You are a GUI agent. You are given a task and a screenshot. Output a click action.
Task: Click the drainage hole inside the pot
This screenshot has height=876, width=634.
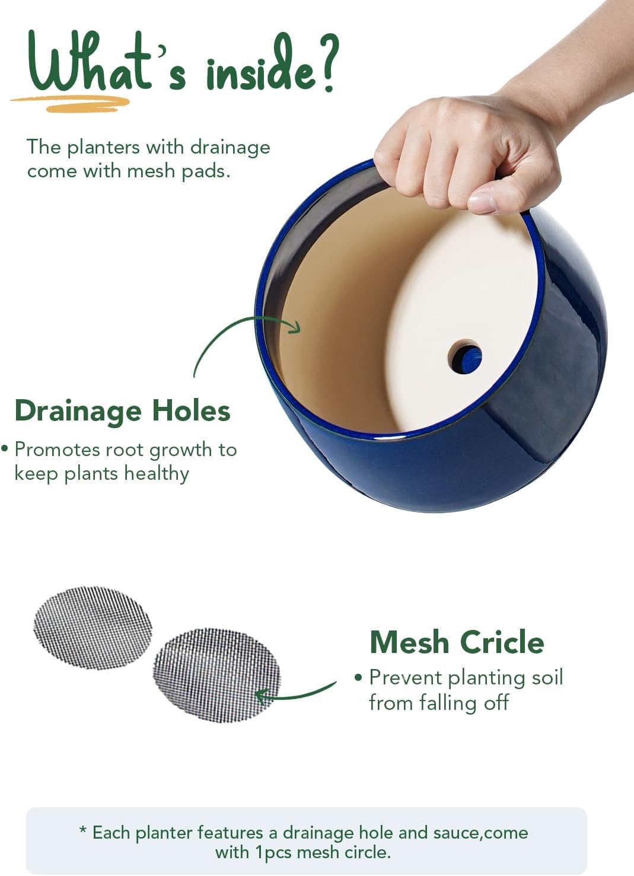point(465,357)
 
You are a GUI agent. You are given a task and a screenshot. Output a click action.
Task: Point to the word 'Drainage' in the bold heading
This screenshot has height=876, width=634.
point(78,411)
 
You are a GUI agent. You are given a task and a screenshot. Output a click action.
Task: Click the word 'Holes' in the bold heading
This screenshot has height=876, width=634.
point(191,411)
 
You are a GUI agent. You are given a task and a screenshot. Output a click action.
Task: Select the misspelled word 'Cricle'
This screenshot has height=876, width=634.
point(502,642)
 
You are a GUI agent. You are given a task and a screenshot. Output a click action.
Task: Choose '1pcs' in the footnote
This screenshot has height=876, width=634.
point(274,853)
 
